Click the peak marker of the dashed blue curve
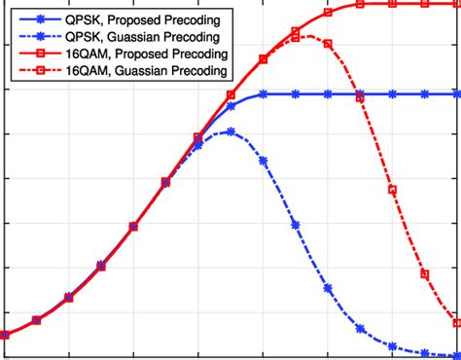tap(230, 131)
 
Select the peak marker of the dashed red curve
tap(296, 37)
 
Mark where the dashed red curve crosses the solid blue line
tap(360, 94)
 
